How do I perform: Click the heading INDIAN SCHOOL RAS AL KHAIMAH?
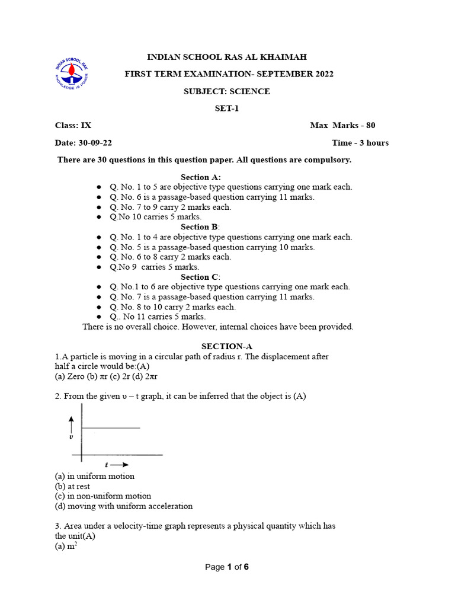(x=227, y=57)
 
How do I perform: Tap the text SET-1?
(x=227, y=108)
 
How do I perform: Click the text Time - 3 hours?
(x=360, y=143)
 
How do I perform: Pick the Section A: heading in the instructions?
(x=201, y=177)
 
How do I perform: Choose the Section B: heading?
(x=200, y=227)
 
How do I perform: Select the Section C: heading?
(x=200, y=277)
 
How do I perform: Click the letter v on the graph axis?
(x=71, y=437)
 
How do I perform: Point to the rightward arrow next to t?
(x=120, y=465)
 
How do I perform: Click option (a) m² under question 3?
(x=66, y=546)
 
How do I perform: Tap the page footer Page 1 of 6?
(x=227, y=567)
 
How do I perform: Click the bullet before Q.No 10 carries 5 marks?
(x=99, y=218)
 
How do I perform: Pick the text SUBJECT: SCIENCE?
(x=227, y=91)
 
